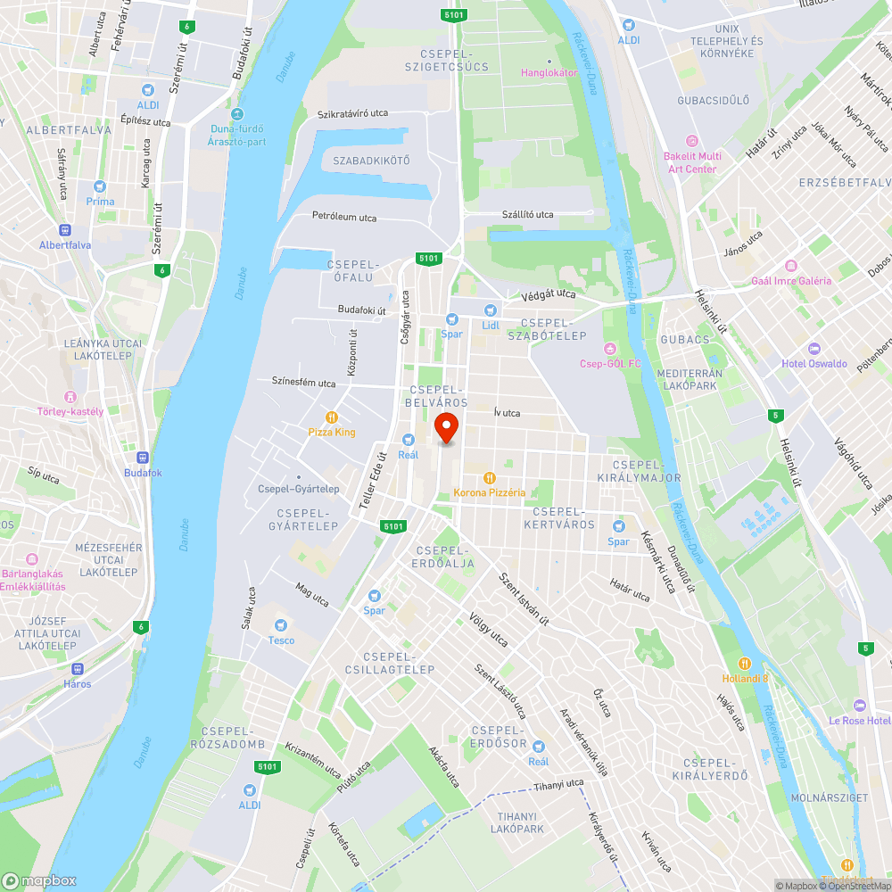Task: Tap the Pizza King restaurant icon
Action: click(x=332, y=417)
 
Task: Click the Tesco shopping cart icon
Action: click(x=282, y=625)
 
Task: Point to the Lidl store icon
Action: click(x=489, y=310)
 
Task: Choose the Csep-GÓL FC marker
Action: click(x=610, y=347)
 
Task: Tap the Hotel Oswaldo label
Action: click(x=814, y=363)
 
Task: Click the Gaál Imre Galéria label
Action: click(x=791, y=280)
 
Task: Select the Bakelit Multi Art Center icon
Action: click(x=691, y=140)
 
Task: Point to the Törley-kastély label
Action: click(x=70, y=411)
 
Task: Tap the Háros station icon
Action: click(x=78, y=668)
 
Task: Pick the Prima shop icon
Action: click(x=101, y=186)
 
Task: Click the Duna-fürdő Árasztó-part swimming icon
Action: click(x=236, y=113)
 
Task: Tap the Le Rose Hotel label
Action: click(x=859, y=720)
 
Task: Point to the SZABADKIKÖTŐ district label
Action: click(x=371, y=161)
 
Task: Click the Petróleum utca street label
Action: click(x=344, y=217)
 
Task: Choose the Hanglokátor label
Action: click(x=549, y=72)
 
